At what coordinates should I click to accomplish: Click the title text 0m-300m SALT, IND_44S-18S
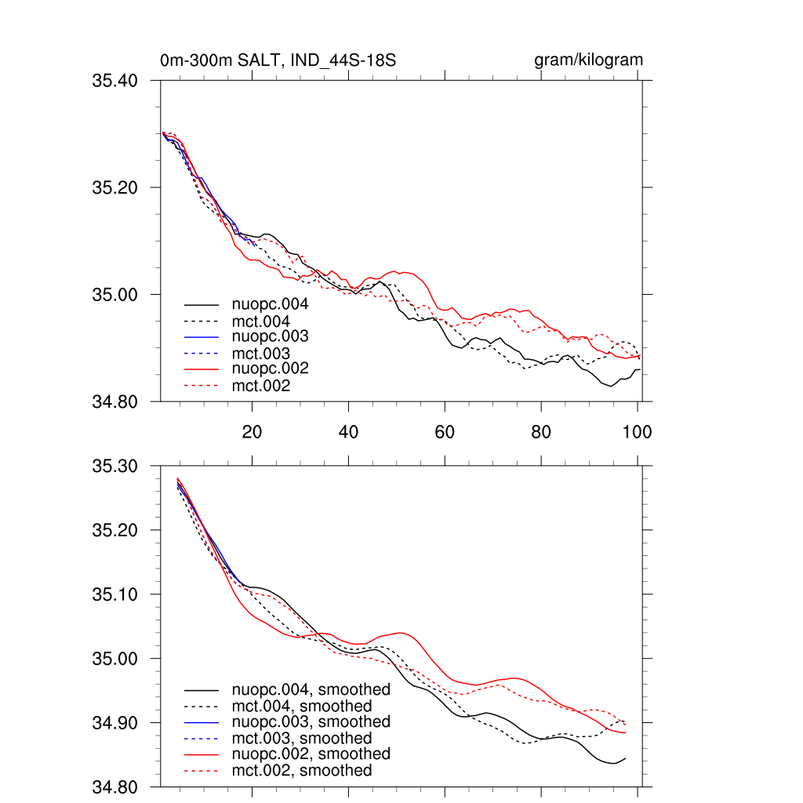pos(282,60)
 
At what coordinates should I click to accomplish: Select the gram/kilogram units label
pos(588,60)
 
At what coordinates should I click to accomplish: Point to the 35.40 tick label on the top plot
pos(115,81)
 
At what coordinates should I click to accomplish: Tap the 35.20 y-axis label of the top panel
pos(115,187)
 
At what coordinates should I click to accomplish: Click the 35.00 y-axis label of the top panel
pos(115,295)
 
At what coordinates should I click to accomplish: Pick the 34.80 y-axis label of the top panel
pos(115,402)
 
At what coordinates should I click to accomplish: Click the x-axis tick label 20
pos(252,431)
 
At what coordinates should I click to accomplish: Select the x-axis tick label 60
pos(445,431)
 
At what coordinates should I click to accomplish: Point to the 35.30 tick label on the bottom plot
pos(115,467)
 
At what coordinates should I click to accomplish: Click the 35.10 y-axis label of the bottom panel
pos(115,594)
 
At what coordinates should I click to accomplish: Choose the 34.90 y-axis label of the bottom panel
pos(115,723)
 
